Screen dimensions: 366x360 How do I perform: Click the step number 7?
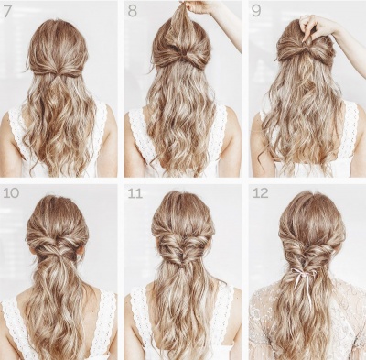7,11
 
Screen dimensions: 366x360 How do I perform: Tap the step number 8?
133,11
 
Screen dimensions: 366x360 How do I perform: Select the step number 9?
256,11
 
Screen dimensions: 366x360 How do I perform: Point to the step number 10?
11,193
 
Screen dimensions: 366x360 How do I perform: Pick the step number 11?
135,193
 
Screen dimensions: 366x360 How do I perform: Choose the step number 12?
261,193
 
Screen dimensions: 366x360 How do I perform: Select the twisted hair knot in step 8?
183,56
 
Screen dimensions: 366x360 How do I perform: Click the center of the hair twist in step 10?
58,245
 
